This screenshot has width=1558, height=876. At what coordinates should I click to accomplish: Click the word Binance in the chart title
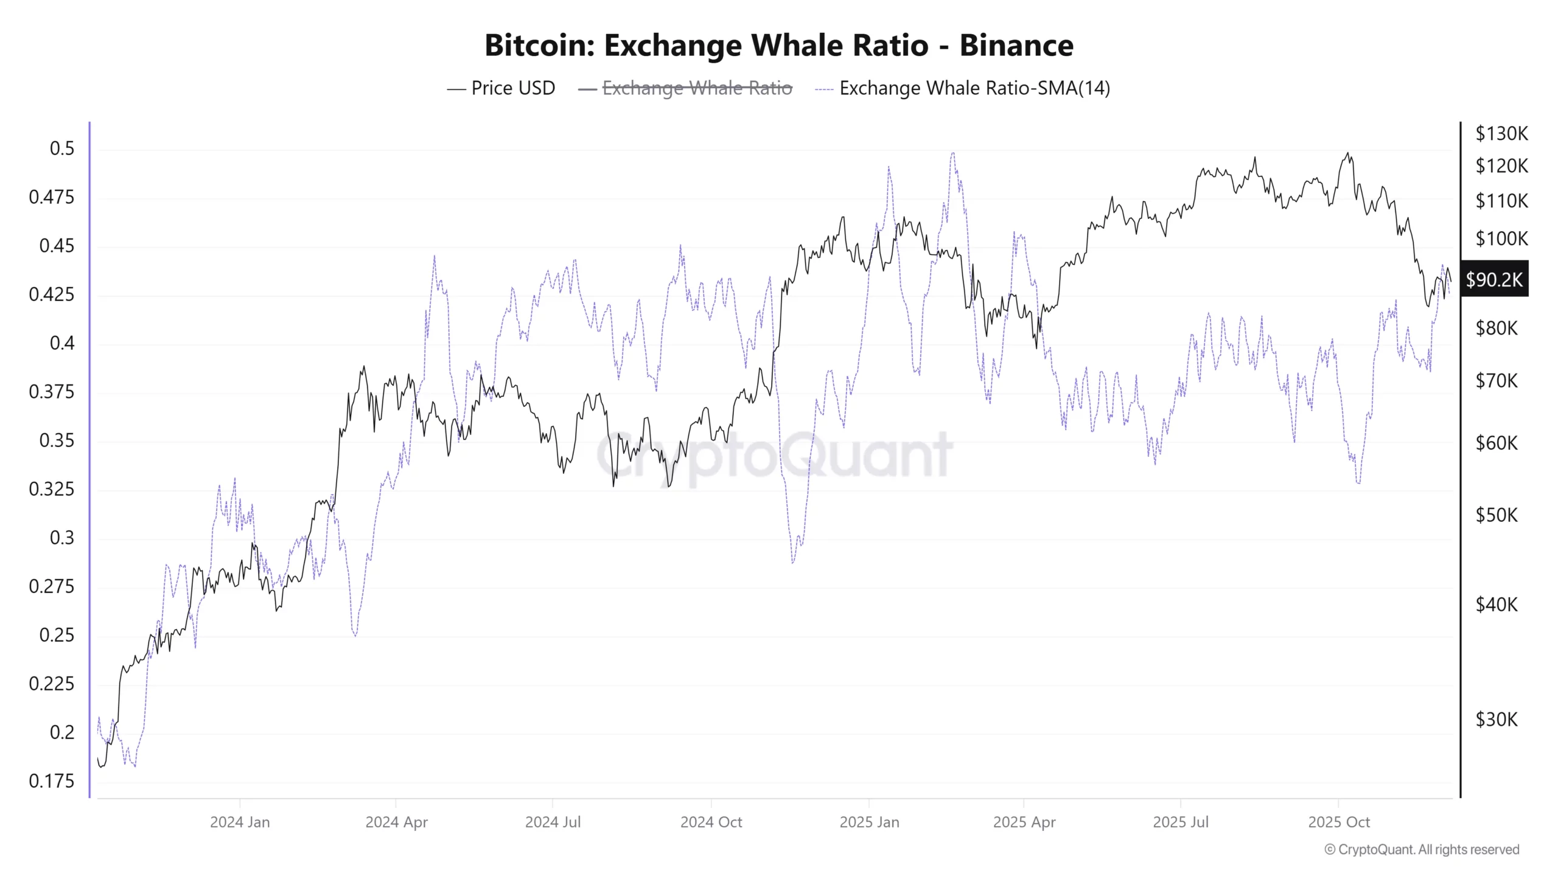pos(1016,46)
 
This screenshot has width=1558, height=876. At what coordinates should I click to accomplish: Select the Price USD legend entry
pos(512,88)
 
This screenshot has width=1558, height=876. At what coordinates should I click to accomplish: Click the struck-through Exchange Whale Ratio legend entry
pos(696,88)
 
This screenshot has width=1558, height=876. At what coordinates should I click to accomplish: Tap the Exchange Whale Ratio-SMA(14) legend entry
pos(974,88)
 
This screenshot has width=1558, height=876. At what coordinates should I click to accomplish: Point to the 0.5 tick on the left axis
pos(62,148)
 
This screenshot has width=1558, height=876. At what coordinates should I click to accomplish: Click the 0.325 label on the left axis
pos(52,489)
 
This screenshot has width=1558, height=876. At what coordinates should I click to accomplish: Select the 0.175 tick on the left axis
pos(52,781)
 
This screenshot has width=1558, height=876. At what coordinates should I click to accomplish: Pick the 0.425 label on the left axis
pos(52,294)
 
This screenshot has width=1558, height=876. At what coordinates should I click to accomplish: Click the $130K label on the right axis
pos(1501,133)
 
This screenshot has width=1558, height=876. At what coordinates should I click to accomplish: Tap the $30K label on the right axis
pos(1497,720)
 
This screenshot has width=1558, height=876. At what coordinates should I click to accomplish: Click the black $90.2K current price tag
pos(1494,280)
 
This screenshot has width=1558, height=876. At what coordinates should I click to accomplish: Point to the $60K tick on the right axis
pos(1497,443)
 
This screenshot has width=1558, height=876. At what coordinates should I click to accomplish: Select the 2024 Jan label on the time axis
pos(240,822)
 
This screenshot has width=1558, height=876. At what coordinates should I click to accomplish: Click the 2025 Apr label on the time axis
pos(1024,822)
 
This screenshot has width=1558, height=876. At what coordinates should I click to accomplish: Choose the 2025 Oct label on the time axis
pos(1339,822)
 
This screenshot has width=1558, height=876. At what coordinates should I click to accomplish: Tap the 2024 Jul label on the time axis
pos(553,822)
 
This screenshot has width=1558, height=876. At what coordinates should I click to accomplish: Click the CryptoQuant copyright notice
pos(1422,850)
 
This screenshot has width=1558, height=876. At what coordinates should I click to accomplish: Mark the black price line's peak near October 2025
pos(1347,153)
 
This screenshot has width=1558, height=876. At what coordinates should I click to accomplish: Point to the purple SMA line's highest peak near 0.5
pos(952,153)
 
